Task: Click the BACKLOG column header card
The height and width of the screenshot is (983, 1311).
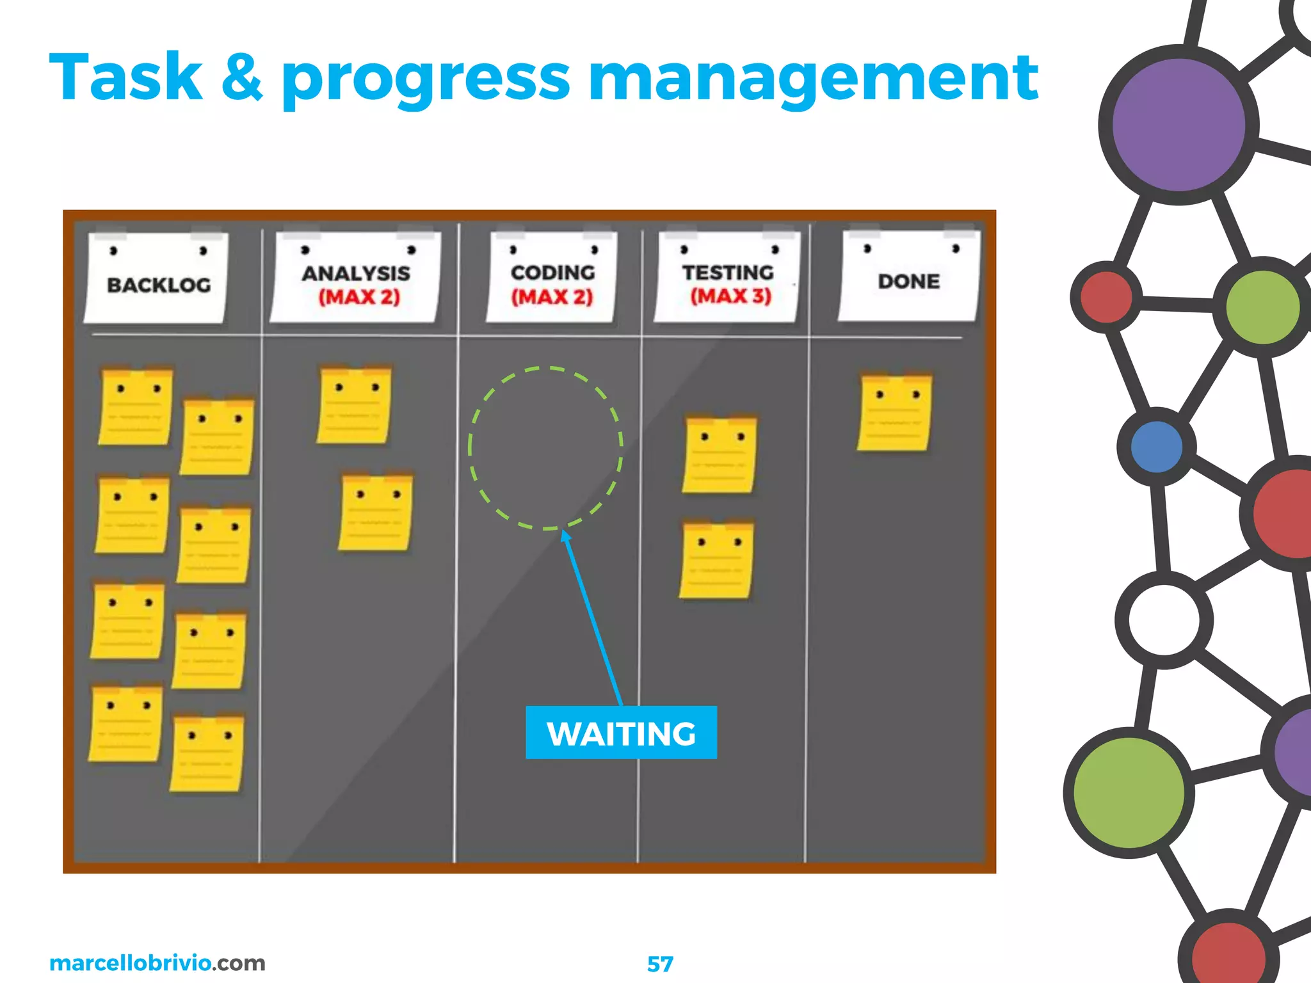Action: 157,278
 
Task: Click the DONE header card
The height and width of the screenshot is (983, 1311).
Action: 909,276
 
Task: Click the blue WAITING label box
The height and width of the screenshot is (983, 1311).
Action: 621,733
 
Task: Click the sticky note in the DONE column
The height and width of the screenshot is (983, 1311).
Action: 894,413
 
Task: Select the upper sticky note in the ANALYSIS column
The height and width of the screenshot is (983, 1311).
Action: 354,405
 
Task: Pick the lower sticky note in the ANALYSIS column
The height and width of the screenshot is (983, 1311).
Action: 375,513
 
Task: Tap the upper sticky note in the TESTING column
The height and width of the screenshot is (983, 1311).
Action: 720,455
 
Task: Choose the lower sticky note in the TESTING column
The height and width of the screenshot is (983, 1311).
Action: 716,561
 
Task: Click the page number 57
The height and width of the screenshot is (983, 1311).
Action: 660,964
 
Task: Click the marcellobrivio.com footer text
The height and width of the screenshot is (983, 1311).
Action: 157,963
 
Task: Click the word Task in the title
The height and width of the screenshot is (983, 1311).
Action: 125,78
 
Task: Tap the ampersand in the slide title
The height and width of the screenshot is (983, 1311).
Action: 242,78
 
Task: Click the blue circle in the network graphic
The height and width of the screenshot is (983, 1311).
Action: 1156,447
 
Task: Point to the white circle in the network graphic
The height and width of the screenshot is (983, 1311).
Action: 1164,619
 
